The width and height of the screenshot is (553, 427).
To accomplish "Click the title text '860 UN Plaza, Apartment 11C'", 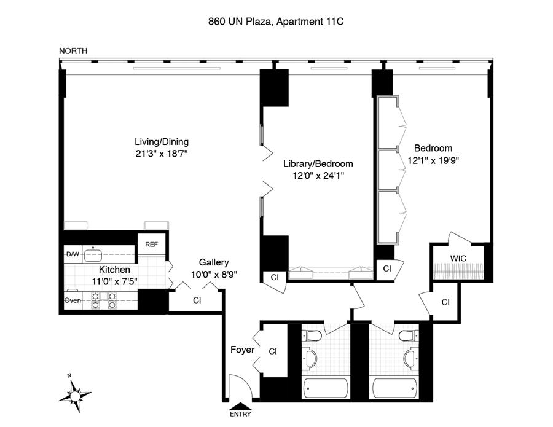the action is point(276,22).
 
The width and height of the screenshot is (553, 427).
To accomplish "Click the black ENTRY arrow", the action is point(240,406).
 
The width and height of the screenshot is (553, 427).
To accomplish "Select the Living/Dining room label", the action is point(162,142).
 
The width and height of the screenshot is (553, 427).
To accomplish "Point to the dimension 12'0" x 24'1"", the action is point(318,176).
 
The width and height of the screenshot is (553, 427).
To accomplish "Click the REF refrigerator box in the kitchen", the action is point(152,245).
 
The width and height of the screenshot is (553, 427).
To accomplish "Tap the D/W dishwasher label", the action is point(73,254).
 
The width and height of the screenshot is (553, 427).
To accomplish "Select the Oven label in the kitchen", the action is point(73,300).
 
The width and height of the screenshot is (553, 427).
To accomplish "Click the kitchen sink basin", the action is point(93,254).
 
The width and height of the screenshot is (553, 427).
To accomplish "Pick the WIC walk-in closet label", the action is point(458,259).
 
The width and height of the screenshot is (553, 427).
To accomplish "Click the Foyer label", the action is point(242,350).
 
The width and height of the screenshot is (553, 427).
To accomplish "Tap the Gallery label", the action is point(214,262).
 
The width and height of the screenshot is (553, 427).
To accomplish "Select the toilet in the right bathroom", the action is point(409,335).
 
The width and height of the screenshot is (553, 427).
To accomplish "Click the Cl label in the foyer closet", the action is point(273,351).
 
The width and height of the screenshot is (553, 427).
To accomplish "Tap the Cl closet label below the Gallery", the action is point(197,300).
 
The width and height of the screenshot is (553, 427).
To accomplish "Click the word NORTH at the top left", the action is point(73,51).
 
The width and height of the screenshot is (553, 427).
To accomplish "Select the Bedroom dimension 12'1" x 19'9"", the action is point(433,160).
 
